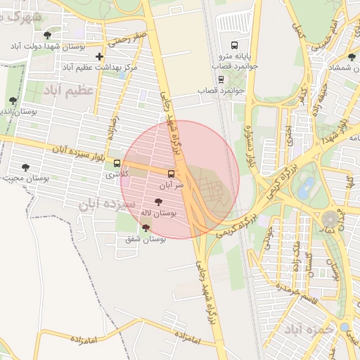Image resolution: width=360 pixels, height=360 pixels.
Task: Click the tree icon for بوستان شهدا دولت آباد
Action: point(48,35)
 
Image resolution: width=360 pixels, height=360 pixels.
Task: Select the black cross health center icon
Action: point(99,56)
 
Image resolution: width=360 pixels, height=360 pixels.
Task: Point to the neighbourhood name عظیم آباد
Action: point(68,91)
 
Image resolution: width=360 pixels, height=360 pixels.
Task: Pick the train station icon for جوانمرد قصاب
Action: point(221,79)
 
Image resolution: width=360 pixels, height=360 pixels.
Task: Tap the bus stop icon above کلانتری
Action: point(117,163)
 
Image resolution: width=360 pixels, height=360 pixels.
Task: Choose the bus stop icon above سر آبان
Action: point(171,173)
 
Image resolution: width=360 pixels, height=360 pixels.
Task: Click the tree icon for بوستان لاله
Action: point(167,202)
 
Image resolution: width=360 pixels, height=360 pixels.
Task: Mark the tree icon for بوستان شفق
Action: point(146,228)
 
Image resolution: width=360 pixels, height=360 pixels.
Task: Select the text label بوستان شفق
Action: point(145,239)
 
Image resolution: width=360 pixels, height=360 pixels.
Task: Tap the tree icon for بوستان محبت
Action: point(25,167)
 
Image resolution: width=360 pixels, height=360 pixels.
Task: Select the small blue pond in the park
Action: point(305,188)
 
